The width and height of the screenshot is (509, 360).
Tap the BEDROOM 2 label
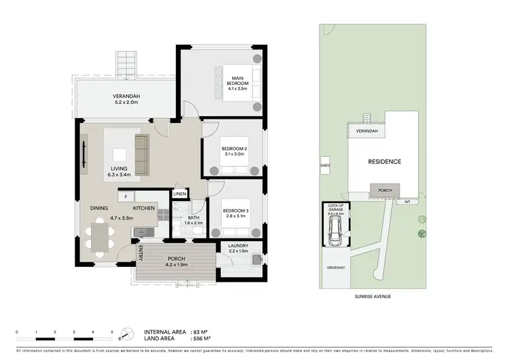[233, 151]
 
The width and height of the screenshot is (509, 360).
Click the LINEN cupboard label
[179, 194]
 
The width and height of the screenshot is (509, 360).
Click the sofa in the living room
[142, 154]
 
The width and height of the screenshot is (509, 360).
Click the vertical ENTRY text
[141, 253]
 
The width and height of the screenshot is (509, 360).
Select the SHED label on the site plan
[324, 164]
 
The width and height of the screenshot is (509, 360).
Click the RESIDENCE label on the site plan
[384, 162]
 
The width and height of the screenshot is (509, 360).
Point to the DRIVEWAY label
[337, 268]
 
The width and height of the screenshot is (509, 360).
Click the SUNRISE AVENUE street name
[374, 297]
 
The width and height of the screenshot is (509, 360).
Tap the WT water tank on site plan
[407, 202]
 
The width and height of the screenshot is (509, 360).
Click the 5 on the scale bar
[112, 331]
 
